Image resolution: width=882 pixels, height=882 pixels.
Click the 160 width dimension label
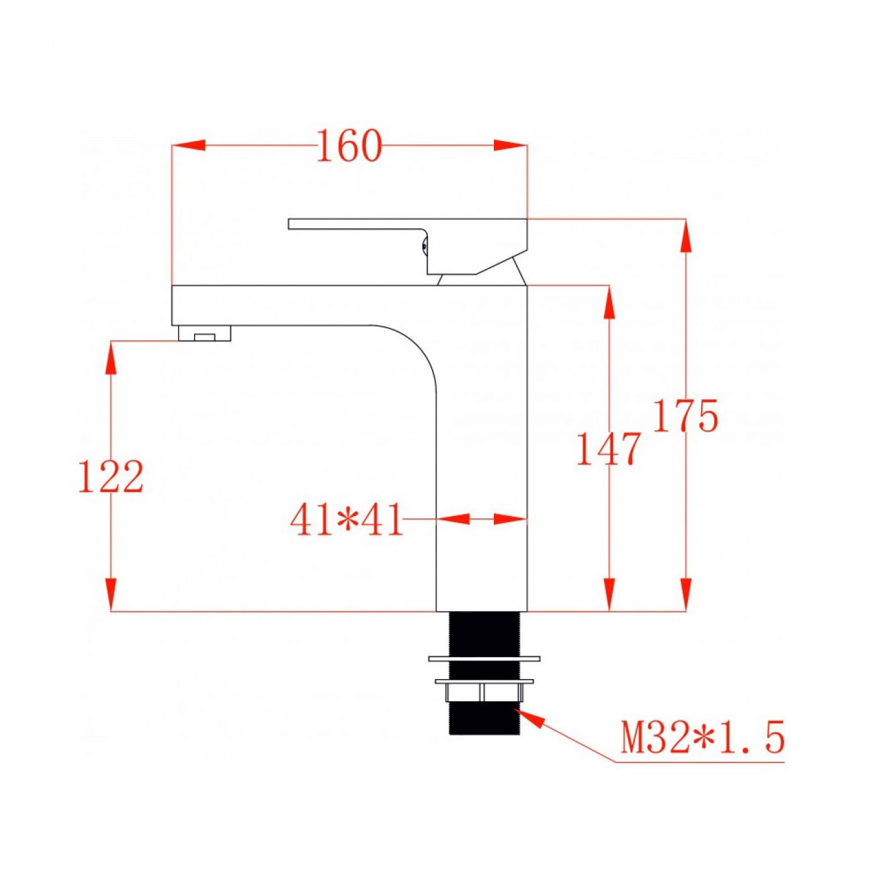point(349,146)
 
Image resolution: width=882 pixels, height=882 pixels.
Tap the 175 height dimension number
point(685,416)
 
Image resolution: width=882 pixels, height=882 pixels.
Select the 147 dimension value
point(608,449)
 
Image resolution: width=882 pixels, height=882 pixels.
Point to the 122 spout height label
point(112,476)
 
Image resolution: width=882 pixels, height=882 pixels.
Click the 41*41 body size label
point(346,519)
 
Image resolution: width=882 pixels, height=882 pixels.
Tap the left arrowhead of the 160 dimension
point(188,145)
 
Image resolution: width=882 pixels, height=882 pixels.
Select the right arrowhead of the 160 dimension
point(511,145)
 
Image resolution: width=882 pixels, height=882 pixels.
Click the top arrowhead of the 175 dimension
point(685,236)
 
